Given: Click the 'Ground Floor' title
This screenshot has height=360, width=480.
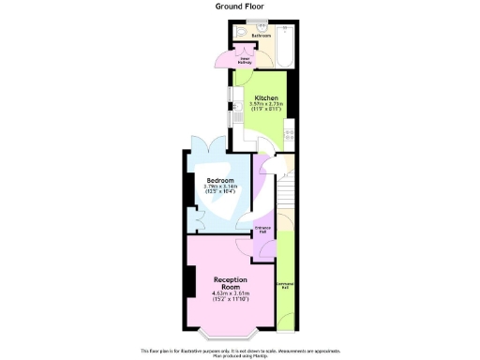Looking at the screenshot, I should tap(239, 5).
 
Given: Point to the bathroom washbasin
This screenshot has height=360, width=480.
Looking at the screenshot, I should tap(262, 26).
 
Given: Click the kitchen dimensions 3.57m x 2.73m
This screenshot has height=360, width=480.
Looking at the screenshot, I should tap(265, 104).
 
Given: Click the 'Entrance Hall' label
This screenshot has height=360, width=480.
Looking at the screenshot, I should tap(263, 229).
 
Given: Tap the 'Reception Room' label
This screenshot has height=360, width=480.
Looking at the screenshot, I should tap(229, 283).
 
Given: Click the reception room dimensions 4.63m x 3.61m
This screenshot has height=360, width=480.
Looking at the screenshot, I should tap(229, 295).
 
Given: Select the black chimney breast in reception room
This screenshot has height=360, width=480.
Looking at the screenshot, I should tap(189, 278).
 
